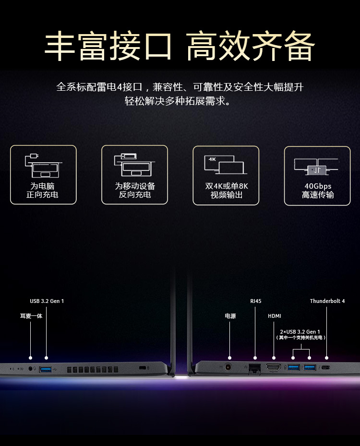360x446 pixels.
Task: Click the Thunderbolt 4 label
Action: coord(327,301)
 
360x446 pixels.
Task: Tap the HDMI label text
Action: coord(275,316)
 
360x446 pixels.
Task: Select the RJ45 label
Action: coord(256,301)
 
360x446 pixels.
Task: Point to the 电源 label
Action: coord(230,316)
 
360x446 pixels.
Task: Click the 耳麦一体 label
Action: coord(31,316)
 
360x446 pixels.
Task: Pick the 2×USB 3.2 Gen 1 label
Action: coord(300,332)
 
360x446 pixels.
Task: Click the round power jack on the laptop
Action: coord(229,367)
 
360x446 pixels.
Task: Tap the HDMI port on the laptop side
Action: coord(274,367)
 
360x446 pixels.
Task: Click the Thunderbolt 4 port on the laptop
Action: coord(326,368)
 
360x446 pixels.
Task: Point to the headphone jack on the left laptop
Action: coord(31,369)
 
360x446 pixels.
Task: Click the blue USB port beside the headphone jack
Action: coord(46,369)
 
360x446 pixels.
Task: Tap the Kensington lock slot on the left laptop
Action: coord(142,368)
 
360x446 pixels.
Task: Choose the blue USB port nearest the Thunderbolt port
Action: coord(310,368)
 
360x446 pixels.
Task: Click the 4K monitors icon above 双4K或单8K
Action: coord(226,164)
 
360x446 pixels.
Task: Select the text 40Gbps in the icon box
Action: coord(318,186)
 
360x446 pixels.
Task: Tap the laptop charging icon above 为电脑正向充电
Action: coord(42,165)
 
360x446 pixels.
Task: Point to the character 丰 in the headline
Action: coord(60,47)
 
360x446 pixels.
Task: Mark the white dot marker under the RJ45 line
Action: coord(255,358)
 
